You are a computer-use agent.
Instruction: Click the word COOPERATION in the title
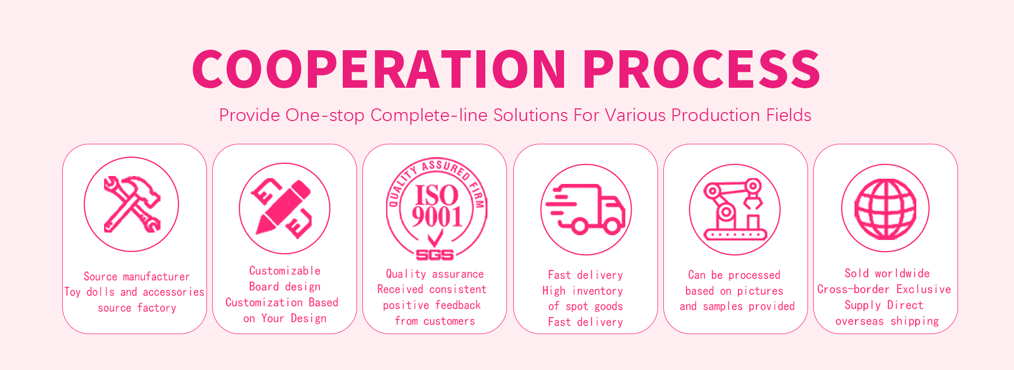click(x=379, y=69)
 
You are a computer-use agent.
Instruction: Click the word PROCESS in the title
click(x=702, y=69)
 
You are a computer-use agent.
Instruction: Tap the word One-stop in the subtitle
click(x=325, y=115)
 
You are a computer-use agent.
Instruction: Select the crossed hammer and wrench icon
click(x=132, y=204)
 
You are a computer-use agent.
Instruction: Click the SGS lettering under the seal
click(x=435, y=255)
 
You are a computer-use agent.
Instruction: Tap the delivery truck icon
click(x=585, y=209)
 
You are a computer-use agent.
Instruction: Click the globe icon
click(x=885, y=209)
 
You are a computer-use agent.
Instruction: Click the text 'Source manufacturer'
click(x=137, y=276)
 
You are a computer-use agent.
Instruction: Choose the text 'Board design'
click(x=285, y=286)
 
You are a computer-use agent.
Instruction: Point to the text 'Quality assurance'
click(x=435, y=274)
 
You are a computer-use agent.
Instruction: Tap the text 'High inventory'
click(x=583, y=291)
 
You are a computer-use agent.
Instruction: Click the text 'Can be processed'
click(x=734, y=275)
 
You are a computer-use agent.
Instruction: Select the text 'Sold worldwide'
click(x=887, y=273)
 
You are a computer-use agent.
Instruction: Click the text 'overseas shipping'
click(x=887, y=321)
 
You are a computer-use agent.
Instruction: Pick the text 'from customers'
click(x=435, y=321)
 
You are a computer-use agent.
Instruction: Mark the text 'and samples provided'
click(x=737, y=307)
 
